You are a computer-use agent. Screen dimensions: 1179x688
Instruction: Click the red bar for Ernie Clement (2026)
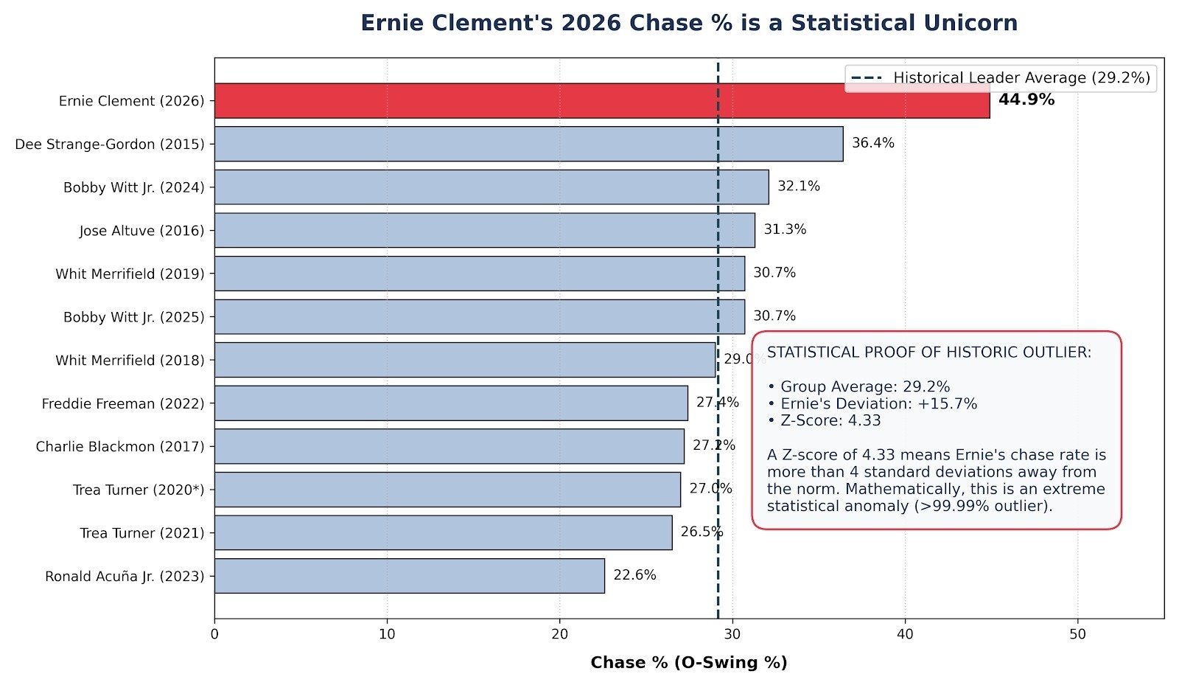tap(602, 100)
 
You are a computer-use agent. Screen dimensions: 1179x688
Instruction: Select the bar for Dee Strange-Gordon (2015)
tap(529, 144)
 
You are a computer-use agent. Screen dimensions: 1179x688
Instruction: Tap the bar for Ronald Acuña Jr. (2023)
tap(410, 576)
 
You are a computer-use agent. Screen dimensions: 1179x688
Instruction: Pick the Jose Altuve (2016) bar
tap(485, 230)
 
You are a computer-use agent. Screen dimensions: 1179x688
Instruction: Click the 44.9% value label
tap(1026, 100)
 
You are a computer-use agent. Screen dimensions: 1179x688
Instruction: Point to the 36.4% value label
tap(873, 143)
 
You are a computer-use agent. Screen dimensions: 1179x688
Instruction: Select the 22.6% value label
tap(634, 574)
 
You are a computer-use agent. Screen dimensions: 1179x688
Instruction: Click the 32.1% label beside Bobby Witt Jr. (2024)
tap(799, 186)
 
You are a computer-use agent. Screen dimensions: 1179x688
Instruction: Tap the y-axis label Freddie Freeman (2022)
tap(123, 403)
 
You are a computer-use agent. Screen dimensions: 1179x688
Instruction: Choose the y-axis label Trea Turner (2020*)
tap(139, 490)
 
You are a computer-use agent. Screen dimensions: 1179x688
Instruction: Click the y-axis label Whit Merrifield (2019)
tap(130, 274)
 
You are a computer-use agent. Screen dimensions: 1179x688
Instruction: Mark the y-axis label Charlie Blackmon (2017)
tap(120, 447)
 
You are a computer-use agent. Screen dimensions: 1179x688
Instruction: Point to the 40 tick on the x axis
tap(906, 634)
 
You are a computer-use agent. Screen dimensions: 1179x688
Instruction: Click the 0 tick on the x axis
tap(214, 634)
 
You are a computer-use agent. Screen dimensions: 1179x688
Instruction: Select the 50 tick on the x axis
tap(1078, 634)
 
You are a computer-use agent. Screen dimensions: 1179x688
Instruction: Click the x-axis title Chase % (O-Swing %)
tap(689, 663)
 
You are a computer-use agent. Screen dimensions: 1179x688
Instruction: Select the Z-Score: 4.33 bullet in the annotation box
tap(825, 420)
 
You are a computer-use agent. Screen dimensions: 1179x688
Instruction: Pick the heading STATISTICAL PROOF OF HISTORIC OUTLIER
tap(929, 352)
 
